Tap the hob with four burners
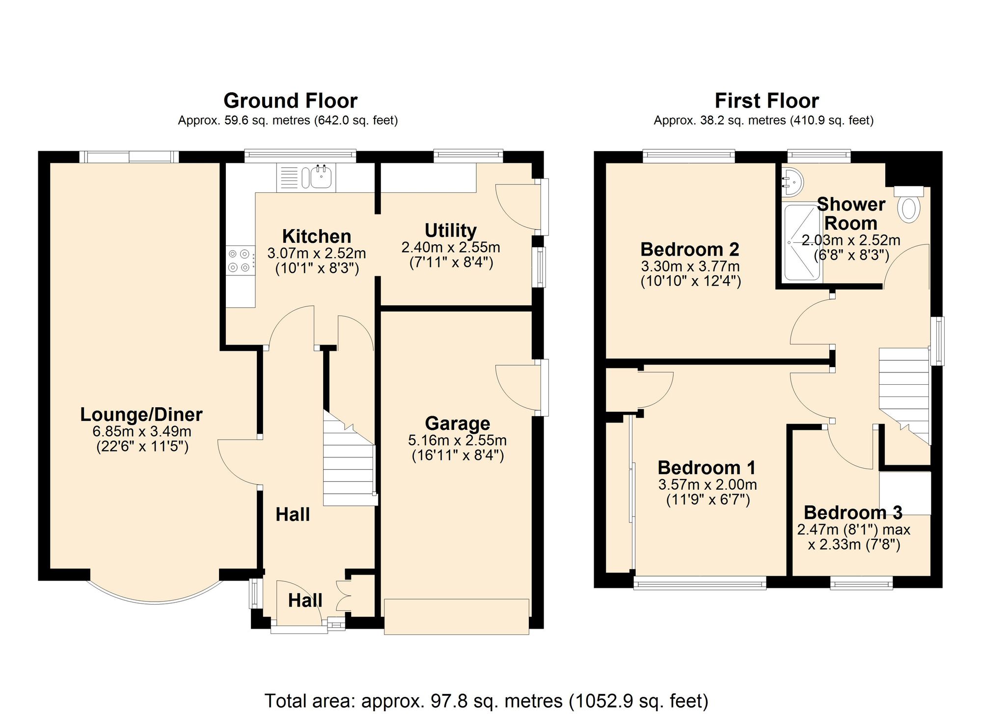(x=240, y=261)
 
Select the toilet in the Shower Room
(x=908, y=208)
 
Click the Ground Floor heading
(x=290, y=101)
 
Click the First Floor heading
(x=766, y=101)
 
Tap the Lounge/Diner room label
(x=141, y=415)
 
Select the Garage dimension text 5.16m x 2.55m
(x=457, y=440)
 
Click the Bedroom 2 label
(x=689, y=249)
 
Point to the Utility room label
(x=450, y=230)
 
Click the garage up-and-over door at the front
(x=456, y=616)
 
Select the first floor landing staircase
(x=904, y=393)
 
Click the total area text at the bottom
(x=486, y=701)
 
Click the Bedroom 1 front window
(x=700, y=582)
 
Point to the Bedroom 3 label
(x=853, y=513)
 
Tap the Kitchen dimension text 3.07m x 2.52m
(x=317, y=253)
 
